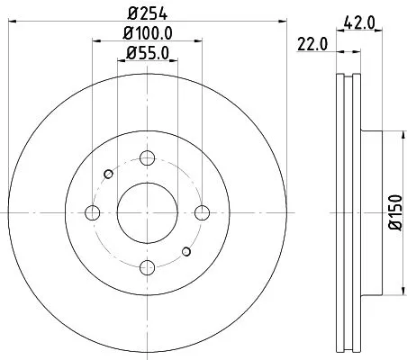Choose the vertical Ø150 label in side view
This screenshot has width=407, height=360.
(394, 212)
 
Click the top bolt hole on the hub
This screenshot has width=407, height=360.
(146, 159)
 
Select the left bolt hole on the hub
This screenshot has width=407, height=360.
(92, 212)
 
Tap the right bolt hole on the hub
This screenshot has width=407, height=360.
(199, 212)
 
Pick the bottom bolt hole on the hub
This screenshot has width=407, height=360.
(146, 266)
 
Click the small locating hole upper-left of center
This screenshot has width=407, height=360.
(108, 174)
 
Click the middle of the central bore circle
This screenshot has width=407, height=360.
(146, 212)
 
